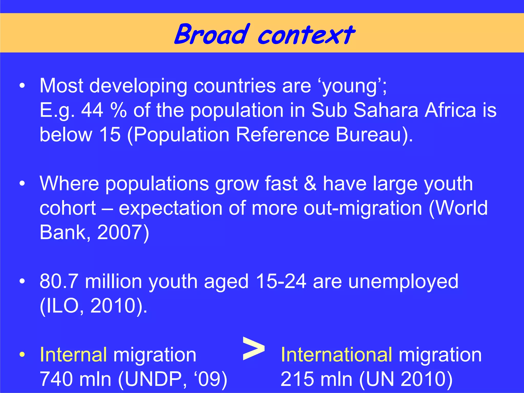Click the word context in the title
306,35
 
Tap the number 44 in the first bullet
92,110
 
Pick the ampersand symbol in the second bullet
310,183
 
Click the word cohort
68,208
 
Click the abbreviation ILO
62,306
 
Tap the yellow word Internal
73,355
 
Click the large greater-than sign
253,348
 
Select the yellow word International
336,355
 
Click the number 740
56,379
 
